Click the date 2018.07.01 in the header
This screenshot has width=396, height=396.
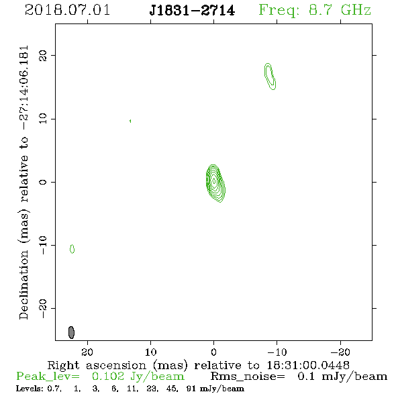click(x=67, y=10)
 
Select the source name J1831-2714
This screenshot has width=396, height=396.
click(x=192, y=10)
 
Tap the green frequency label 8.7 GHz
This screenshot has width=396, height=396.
click(x=340, y=10)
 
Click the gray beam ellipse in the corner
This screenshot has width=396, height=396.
click(x=71, y=332)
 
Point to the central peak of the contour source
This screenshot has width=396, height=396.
click(x=214, y=181)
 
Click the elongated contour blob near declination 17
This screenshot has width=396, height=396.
click(x=270, y=77)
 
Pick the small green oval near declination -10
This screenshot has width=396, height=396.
click(x=72, y=249)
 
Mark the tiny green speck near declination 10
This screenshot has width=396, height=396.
click(x=130, y=121)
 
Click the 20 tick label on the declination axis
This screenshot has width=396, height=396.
click(x=43, y=55)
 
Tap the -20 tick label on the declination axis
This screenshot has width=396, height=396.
click(x=43, y=308)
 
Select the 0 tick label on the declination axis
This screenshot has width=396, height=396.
click(x=43, y=182)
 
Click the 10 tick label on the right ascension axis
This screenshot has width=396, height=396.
click(x=151, y=352)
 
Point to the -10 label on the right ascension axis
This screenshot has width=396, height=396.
click(x=277, y=352)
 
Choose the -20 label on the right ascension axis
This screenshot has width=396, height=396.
click(x=340, y=352)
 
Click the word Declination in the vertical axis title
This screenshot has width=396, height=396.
click(x=23, y=285)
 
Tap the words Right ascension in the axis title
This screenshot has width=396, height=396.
click(x=97, y=365)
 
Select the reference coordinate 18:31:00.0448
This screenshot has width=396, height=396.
click(x=308, y=365)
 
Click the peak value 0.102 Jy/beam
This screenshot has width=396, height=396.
click(x=138, y=377)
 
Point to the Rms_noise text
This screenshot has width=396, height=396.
click(x=248, y=377)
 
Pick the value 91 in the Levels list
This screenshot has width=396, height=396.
click(x=191, y=389)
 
